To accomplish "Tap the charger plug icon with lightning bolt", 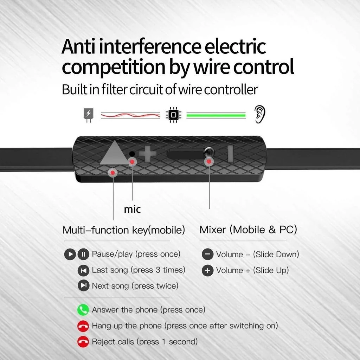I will [88, 115].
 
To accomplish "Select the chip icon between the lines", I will [172, 115].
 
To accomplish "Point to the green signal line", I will [216, 115].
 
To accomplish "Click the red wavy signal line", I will [130, 115].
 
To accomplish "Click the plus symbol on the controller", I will [147, 154].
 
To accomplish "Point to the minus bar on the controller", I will [230, 154].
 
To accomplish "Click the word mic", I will [132, 209].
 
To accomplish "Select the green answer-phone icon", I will [83, 310].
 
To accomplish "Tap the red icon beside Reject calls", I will [83, 341].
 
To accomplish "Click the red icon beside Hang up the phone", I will [83, 326].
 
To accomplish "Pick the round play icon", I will [70, 254].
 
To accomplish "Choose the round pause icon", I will [83, 254].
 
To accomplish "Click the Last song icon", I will [83, 270].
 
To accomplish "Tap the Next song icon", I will [83, 286].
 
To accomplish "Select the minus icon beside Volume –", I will [208, 254].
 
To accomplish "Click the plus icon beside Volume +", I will [208, 270].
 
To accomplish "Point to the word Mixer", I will [213, 230].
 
